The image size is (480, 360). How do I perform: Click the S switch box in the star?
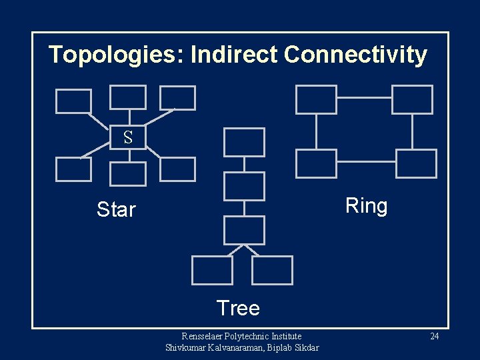pyautogui.click(x=128, y=137)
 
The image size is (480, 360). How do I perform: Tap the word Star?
pyautogui.click(x=116, y=209)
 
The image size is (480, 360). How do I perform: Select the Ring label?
pyautogui.click(x=366, y=206)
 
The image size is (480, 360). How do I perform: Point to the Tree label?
pyautogui.click(x=238, y=308)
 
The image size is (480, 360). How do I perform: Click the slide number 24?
pyautogui.click(x=434, y=336)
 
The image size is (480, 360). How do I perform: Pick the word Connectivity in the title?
pyautogui.click(x=355, y=55)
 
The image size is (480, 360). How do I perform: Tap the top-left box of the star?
pyautogui.click(x=73, y=101)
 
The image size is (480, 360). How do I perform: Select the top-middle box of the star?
pyautogui.click(x=128, y=97)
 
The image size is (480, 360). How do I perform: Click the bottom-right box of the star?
pyautogui.click(x=178, y=169)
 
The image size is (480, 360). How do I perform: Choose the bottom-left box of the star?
pyautogui.click(x=73, y=169)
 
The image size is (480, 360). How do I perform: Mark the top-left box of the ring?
pyautogui.click(x=316, y=99)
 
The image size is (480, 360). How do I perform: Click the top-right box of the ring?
pyautogui.click(x=412, y=99)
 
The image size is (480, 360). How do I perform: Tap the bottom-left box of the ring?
pyautogui.click(x=316, y=163)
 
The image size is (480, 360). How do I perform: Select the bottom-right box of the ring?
pyautogui.click(x=416, y=163)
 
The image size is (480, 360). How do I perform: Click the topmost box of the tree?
pyautogui.click(x=244, y=142)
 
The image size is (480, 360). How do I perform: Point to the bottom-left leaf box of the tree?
pyautogui.click(x=212, y=270)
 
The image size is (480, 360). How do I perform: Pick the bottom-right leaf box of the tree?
pyautogui.click(x=273, y=270)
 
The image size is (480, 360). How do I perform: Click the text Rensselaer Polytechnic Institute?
pyautogui.click(x=242, y=336)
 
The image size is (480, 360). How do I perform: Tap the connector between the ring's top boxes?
pyautogui.click(x=364, y=97)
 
